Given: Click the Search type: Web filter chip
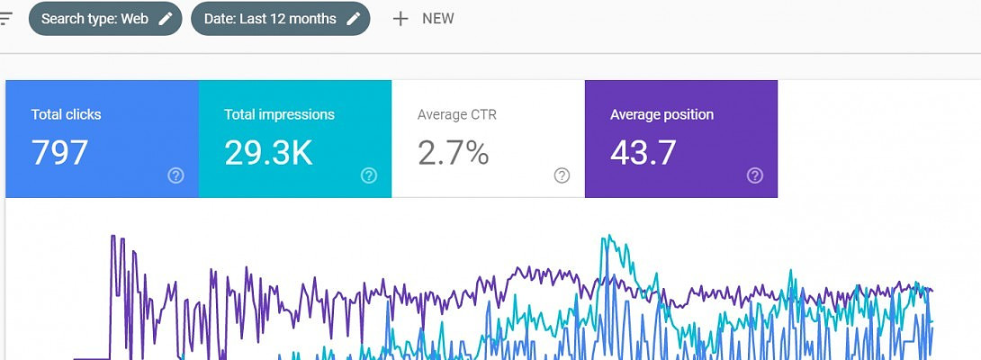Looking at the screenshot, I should tap(94, 19).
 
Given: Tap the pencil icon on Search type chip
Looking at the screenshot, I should tap(166, 19).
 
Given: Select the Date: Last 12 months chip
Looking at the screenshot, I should tap(270, 19).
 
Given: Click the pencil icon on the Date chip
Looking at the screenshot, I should tap(354, 19).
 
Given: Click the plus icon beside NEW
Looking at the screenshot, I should tap(400, 19).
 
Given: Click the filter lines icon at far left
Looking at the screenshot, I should tap(6, 19).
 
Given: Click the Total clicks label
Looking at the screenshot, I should tap(66, 114).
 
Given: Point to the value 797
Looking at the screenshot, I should tap(59, 153).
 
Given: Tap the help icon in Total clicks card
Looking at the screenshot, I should tap(176, 175).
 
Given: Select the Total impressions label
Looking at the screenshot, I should tap(279, 114).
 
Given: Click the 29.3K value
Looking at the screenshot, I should tap(268, 153).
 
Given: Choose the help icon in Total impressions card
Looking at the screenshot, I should tap(369, 175).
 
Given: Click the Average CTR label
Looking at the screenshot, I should tap(456, 114).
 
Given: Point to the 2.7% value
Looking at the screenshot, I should tap(453, 153).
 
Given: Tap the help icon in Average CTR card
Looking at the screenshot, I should tap(562, 175).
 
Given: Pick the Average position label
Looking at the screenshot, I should tap(661, 114).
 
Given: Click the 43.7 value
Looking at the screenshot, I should tap(643, 153).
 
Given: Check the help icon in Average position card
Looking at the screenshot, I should tap(755, 175).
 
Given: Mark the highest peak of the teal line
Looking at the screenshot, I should tap(609, 236).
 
